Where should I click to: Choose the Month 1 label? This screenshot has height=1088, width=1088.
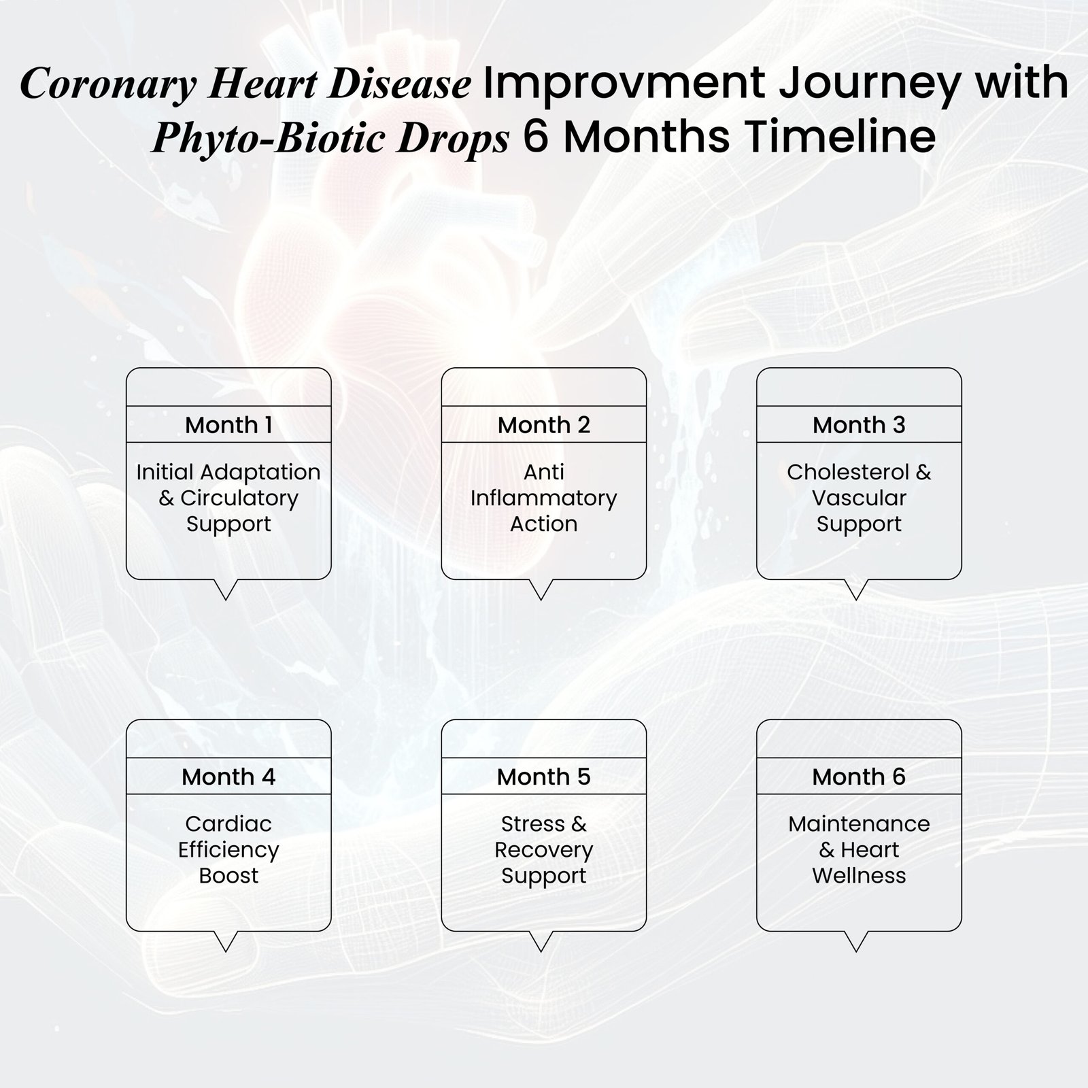(228, 425)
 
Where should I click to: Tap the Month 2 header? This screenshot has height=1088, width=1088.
(544, 425)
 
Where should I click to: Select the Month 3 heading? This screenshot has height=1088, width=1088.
(859, 425)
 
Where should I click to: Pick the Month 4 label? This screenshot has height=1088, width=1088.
(228, 777)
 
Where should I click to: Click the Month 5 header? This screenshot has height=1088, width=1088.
(544, 777)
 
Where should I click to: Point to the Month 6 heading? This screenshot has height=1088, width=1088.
(859, 777)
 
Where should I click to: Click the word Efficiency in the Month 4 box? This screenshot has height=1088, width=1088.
(228, 851)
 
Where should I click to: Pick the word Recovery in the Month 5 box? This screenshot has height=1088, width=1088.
(544, 851)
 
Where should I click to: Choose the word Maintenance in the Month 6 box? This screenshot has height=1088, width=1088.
(859, 824)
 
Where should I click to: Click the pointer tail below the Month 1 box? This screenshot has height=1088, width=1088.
(225, 590)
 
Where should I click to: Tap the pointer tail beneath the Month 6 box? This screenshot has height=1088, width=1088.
(856, 941)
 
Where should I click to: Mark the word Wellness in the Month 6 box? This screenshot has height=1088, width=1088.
(859, 876)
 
